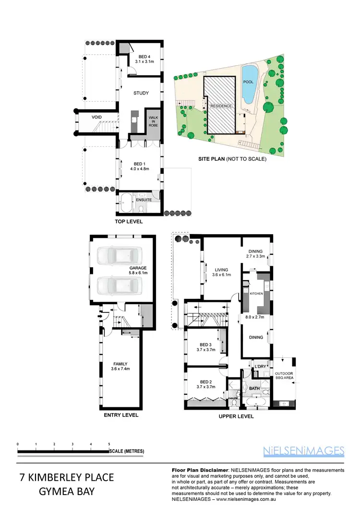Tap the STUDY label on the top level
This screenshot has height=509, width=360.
[141, 93]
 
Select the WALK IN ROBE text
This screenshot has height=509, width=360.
[153, 120]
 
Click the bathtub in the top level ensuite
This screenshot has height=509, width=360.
[126, 204]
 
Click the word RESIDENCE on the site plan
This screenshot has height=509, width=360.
[221, 106]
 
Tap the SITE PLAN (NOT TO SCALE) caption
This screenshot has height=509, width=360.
[232, 159]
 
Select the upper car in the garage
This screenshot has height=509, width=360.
[120, 256]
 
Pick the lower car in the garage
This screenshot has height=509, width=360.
[120, 286]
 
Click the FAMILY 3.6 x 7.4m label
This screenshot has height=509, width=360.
[120, 366]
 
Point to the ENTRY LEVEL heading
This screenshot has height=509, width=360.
[121, 415]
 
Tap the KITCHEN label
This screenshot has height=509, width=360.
[256, 293]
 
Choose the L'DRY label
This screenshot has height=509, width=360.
[260, 367]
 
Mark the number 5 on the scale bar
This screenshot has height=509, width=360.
[109, 445]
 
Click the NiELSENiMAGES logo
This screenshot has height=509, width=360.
[304, 450]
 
